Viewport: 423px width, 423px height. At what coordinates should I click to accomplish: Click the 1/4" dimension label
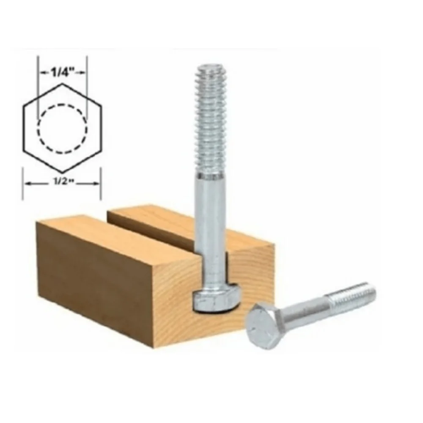tap(63, 73)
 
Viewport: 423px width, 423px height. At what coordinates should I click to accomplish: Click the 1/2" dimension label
tap(63, 182)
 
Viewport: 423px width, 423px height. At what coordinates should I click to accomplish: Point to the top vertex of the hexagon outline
tap(62, 84)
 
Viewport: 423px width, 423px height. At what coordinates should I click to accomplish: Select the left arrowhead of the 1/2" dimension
tap(28, 184)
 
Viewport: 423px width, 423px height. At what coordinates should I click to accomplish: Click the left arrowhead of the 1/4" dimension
tap(43, 73)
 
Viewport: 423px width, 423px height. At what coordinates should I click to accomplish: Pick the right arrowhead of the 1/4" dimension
tap(82, 73)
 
